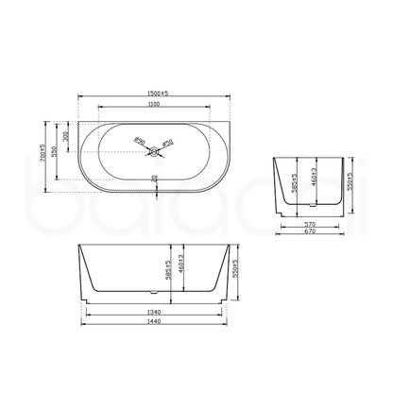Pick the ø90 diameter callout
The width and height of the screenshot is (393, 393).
point(141,141)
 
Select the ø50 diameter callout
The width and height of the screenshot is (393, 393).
point(167,142)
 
